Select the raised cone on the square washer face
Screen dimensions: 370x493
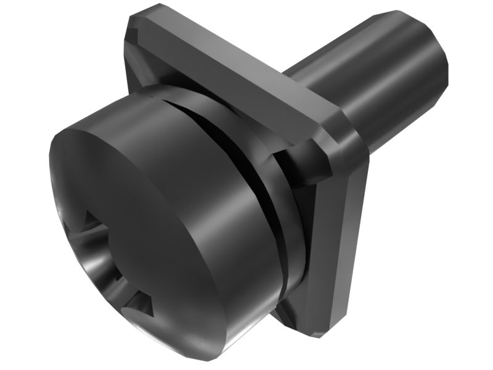click(308, 166)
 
